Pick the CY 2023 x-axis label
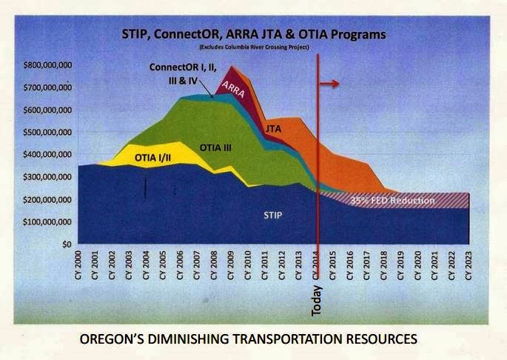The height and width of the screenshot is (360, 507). (469, 262)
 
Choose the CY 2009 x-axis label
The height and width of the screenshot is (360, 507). (232, 262)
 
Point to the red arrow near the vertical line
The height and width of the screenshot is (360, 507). (330, 84)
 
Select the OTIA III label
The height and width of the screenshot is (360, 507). (216, 149)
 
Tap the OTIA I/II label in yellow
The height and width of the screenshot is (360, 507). (155, 158)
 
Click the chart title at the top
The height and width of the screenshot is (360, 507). (254, 34)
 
